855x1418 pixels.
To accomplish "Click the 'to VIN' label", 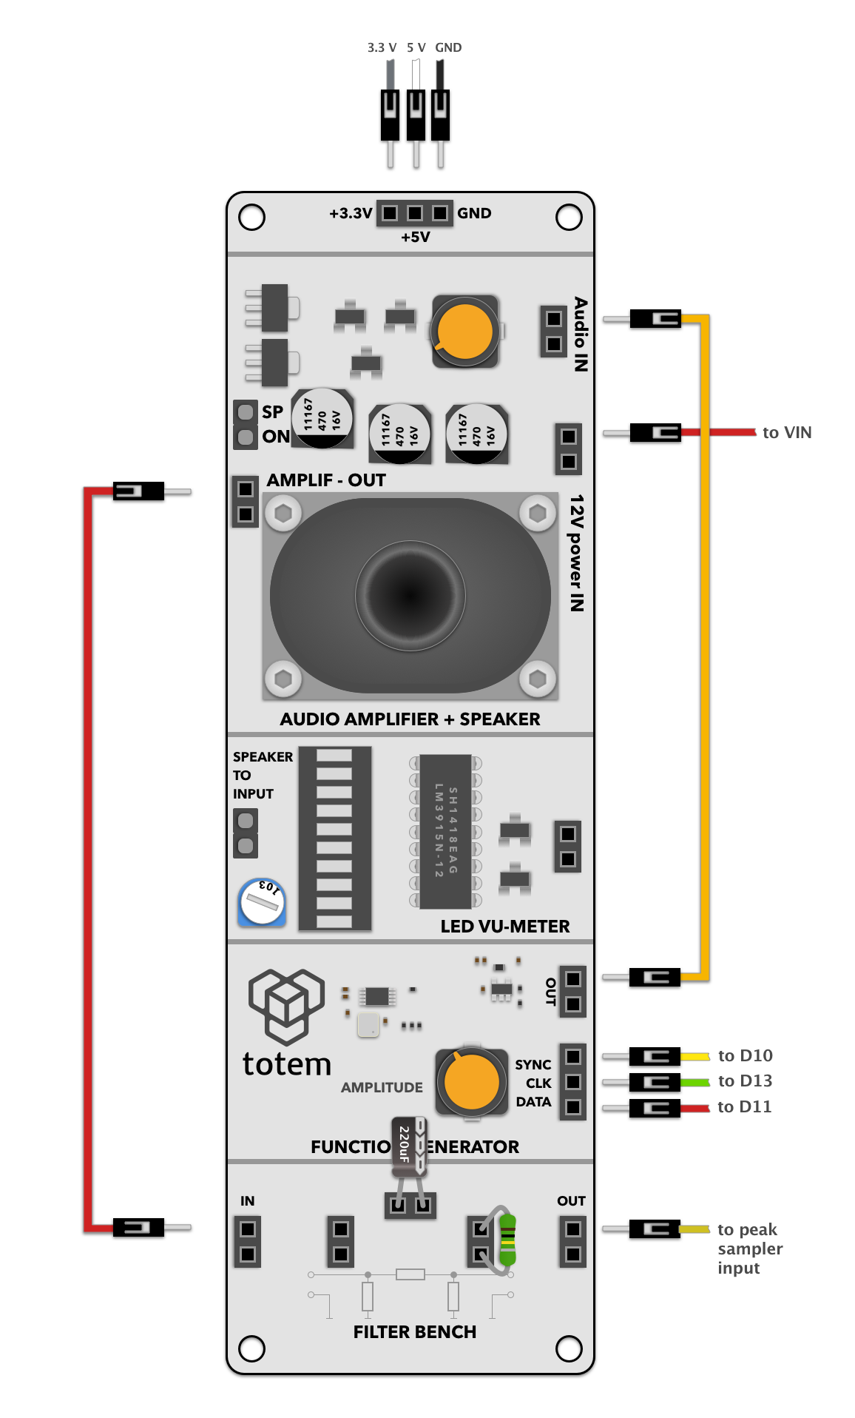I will coord(786,432).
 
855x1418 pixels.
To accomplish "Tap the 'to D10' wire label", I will coord(745,1055).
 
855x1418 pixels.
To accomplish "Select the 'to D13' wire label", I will coord(745,1081).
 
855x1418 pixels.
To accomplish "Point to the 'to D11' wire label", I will coord(744,1106).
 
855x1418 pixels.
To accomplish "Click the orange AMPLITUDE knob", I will coord(471,1082).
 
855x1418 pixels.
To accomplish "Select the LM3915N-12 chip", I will coord(445,831).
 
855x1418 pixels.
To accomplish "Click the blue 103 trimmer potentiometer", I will coord(262,901).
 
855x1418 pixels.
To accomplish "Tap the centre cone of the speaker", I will coord(410,595).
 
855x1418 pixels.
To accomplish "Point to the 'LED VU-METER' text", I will coord(505,927).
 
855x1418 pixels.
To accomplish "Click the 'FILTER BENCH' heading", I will coord(414,1331).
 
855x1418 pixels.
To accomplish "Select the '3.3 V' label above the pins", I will coord(382,47).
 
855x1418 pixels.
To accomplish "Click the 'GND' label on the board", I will coord(474,213).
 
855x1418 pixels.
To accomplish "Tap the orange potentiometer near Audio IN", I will coord(465,331).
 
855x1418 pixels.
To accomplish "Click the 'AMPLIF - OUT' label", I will coord(326,480).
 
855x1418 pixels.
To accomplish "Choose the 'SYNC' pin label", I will coord(533,1064).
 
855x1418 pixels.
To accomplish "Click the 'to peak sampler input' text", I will coord(749,1249).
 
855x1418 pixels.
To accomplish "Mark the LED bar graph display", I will coord(334,838).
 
